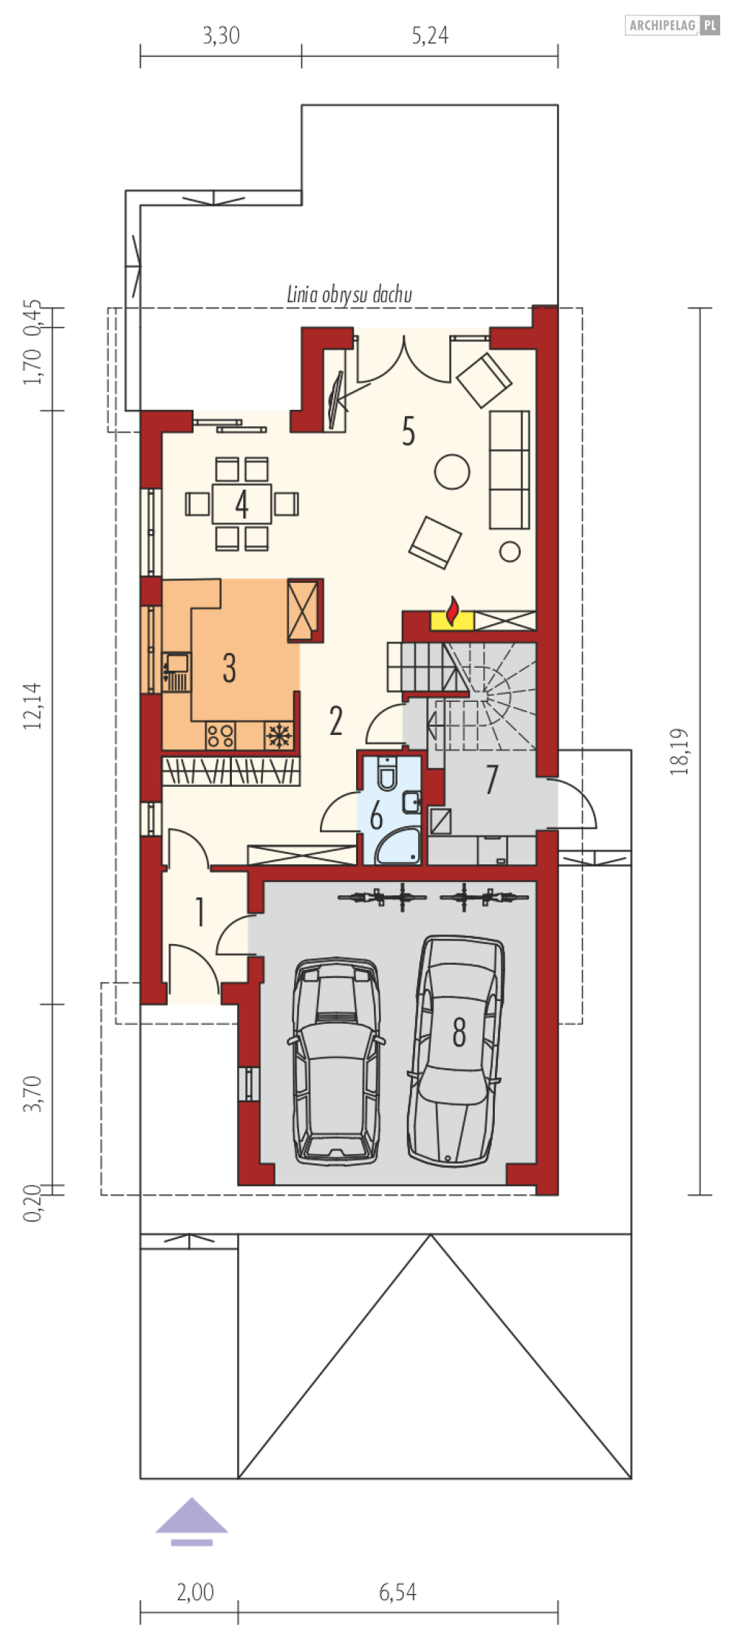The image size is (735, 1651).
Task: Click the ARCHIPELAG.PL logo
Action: click(672, 26)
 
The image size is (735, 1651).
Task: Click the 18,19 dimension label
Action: click(679, 752)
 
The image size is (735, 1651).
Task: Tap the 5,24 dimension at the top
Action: click(430, 35)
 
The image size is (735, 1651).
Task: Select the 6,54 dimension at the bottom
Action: click(398, 1591)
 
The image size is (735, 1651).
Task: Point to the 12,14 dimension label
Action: click(33, 706)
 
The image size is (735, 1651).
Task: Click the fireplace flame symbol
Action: click(453, 613)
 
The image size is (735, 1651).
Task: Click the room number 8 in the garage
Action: click(459, 1032)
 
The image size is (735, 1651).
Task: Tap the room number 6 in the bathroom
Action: click(376, 817)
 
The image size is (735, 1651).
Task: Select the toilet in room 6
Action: click(386, 773)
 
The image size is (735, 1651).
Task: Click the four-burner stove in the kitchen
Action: click(220, 735)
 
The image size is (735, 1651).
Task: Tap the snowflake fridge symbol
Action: click(278, 735)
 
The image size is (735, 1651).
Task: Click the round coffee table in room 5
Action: click(452, 471)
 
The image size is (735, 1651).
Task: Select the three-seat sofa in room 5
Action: click(510, 470)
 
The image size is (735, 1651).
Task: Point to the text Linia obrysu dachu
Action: click(349, 295)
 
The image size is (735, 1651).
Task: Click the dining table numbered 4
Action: click(242, 504)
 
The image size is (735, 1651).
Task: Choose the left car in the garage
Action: click(336, 1062)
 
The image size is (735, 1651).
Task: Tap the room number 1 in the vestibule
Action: click(199, 913)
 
